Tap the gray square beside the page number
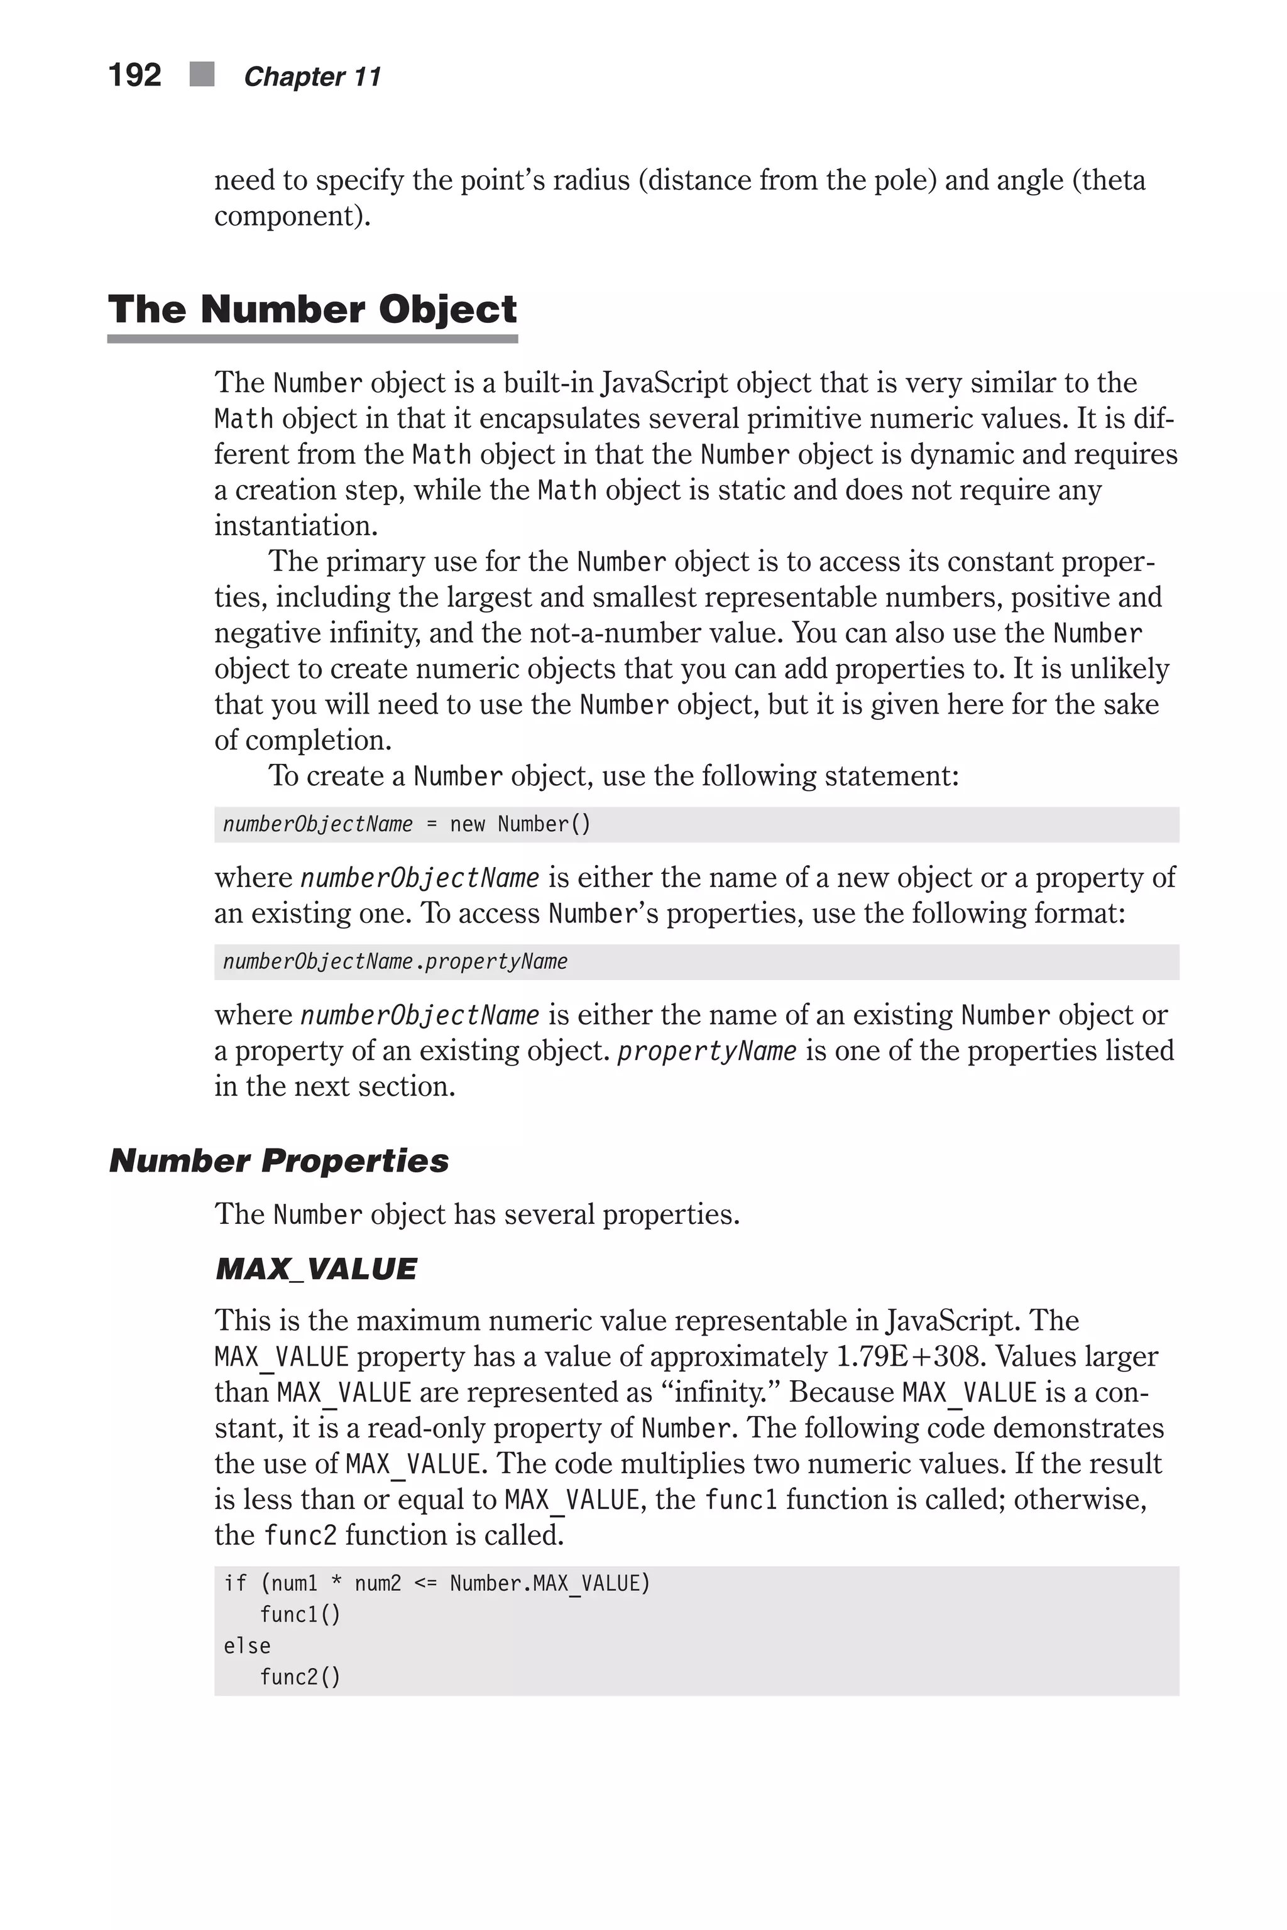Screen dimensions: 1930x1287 (202, 75)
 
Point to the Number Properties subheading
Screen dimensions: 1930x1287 (279, 1161)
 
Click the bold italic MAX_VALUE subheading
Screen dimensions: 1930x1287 (316, 1270)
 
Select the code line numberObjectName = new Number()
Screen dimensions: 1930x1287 (407, 824)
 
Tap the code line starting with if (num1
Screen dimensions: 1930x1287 (437, 1583)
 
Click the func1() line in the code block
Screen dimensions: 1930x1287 (300, 1614)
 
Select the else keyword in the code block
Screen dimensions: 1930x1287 (247, 1645)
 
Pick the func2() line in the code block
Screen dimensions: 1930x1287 (300, 1676)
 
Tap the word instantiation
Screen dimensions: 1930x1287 (295, 526)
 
